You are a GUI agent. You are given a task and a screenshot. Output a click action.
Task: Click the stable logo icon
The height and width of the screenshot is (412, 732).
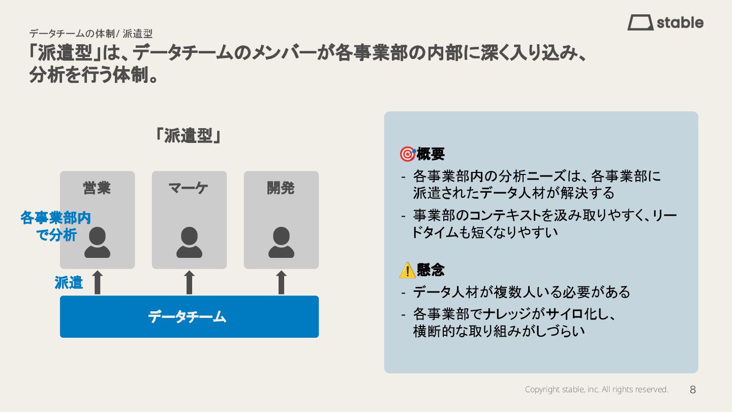coord(640,22)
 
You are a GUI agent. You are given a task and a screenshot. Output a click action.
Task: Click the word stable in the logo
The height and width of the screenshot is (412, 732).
coord(680,22)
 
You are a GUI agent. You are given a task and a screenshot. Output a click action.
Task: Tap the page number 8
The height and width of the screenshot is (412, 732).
coord(692,390)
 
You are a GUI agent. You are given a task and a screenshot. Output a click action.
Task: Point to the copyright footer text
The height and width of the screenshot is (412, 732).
coord(596,390)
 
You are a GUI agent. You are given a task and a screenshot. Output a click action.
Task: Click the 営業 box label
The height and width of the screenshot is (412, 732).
coord(97,188)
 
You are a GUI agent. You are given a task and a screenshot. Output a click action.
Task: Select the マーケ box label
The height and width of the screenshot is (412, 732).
coord(189,188)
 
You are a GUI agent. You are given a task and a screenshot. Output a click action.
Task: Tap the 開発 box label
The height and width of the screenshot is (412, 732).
coord(281,188)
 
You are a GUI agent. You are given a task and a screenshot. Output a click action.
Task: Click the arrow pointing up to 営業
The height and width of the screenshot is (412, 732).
coord(98,282)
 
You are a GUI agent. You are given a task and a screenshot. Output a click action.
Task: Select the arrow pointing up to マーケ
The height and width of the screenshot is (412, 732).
coord(189,282)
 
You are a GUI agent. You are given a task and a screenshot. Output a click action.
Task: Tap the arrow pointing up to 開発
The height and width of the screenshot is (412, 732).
coord(281,282)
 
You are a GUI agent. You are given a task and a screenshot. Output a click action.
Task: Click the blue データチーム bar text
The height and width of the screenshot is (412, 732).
coord(187,317)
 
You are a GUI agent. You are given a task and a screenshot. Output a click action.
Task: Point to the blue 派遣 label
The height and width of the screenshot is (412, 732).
coord(69,282)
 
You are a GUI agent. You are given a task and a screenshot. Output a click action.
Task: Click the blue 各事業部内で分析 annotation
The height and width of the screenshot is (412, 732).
coord(55,226)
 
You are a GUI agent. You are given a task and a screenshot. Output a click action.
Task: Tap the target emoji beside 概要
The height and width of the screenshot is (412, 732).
coord(407,154)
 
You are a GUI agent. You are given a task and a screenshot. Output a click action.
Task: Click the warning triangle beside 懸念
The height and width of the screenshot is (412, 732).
coord(407,270)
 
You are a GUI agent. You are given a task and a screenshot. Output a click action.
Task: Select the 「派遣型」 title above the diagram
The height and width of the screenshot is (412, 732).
coord(188,135)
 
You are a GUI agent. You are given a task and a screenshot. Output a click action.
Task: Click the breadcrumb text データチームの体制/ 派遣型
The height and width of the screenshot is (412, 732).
coord(90,34)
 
